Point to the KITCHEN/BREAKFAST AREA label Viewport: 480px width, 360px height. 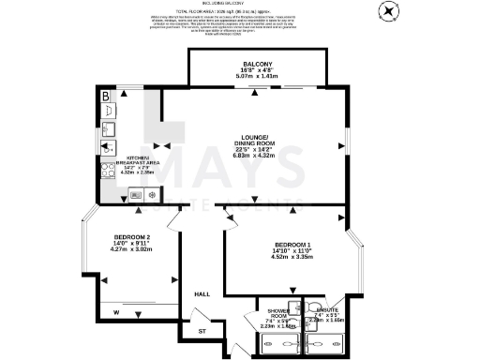(x=133, y=161)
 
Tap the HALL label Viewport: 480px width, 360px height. (x=201, y=293)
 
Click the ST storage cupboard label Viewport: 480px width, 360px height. (x=201, y=331)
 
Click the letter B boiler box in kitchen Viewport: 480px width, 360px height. (x=105, y=97)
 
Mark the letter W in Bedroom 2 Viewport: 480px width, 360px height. (x=114, y=311)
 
